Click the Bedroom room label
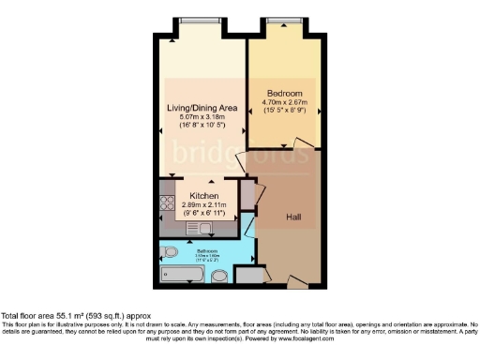point(284,95)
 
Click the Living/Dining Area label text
point(201,108)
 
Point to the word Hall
point(293,217)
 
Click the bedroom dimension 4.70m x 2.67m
point(284,104)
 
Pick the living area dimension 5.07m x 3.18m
point(201,117)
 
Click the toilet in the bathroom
point(170,253)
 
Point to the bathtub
point(182,274)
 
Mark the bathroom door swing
point(246,225)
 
